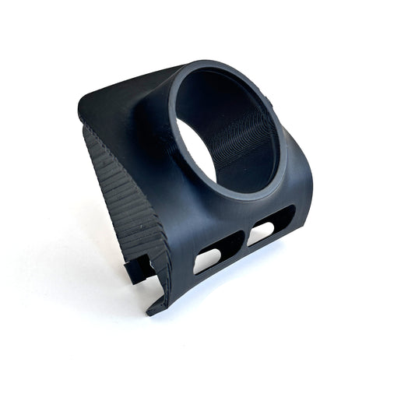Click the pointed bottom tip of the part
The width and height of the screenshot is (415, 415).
(x=151, y=312)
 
